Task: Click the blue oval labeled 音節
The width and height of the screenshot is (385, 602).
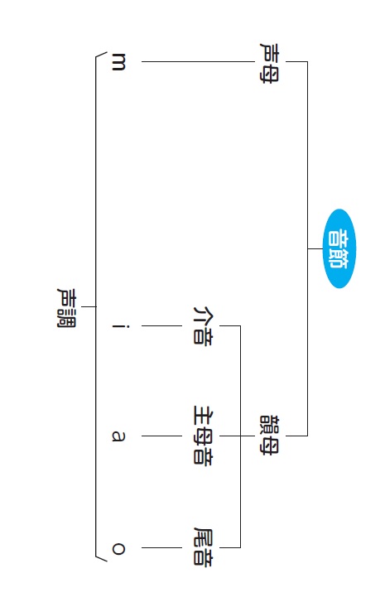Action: coord(339,248)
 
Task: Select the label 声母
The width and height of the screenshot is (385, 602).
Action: coord(270,62)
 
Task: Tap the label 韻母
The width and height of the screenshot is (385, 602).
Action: coord(270,436)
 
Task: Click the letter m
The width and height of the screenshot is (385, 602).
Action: coord(118,62)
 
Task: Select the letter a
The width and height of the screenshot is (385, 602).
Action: coord(118,436)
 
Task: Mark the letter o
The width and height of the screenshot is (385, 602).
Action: coord(118,548)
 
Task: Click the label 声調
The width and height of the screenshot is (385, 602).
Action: coord(67,307)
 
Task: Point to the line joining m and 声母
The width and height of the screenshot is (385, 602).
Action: coord(198,61)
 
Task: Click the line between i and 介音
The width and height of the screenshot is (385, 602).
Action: coord(161,326)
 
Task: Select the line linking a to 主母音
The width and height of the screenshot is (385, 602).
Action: coord(161,436)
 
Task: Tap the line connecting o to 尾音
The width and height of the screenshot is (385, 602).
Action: coord(161,547)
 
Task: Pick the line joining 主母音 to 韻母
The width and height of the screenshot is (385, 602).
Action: coord(237,436)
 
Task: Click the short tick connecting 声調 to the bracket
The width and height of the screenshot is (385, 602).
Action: coord(89,306)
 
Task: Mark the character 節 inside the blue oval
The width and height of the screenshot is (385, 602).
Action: coord(339,258)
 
